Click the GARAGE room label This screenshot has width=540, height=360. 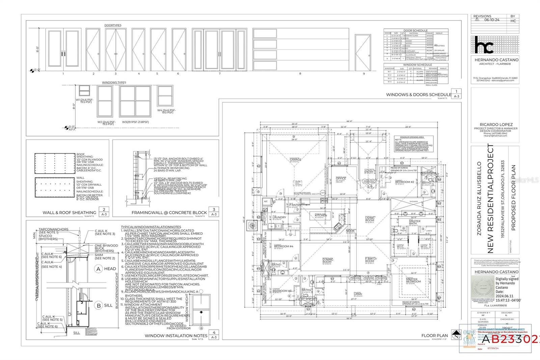point(295,160)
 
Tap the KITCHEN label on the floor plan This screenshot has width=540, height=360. point(321,215)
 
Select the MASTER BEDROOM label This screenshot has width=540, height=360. point(413,280)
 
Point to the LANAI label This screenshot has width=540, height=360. point(358,294)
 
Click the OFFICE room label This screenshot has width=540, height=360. point(341,178)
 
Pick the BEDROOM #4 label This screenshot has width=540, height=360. point(283,246)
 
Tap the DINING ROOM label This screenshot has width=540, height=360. point(327,260)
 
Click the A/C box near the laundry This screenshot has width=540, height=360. point(266,201)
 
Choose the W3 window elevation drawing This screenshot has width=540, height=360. point(135,101)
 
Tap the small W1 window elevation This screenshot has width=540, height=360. point(84,91)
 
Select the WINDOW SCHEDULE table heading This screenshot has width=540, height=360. point(417,65)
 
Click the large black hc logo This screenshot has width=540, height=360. point(484,45)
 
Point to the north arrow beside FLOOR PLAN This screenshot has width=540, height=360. point(456,335)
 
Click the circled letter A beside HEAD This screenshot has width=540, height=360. point(99,269)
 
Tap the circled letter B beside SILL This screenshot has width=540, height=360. point(99,305)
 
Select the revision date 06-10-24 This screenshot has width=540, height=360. point(491,20)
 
